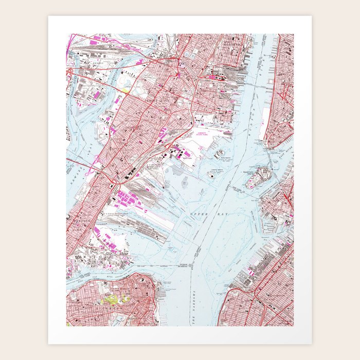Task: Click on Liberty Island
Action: (210, 175)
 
